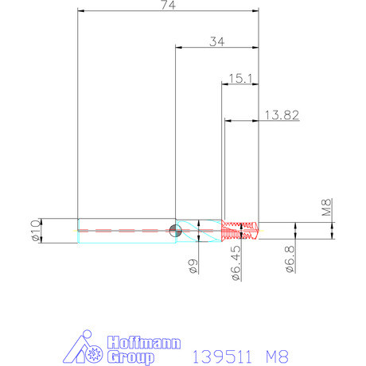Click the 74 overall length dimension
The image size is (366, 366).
[169, 6]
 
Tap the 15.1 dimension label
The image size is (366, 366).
[240, 78]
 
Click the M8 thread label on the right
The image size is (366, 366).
[325, 208]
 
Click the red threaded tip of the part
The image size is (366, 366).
[240, 230]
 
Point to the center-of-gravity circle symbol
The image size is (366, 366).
[176, 231]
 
